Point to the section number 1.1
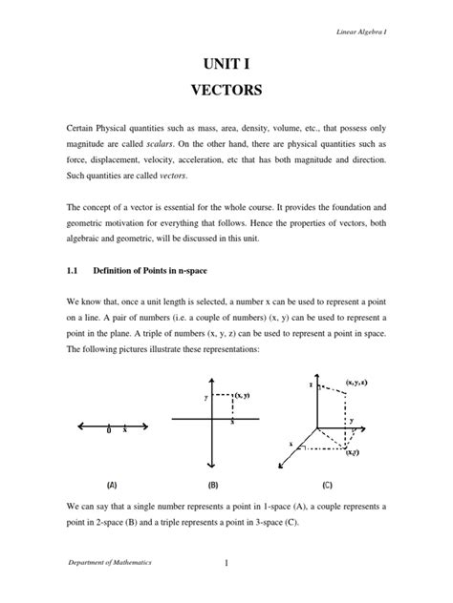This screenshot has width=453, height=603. (x=74, y=270)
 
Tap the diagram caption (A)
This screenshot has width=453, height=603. (x=99, y=484)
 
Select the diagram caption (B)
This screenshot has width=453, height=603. (x=213, y=484)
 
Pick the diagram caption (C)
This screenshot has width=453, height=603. (x=328, y=484)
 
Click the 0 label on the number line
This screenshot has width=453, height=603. (x=110, y=431)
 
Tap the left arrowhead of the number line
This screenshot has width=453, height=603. (x=64, y=425)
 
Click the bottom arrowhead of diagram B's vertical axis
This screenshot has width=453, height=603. (x=213, y=465)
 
